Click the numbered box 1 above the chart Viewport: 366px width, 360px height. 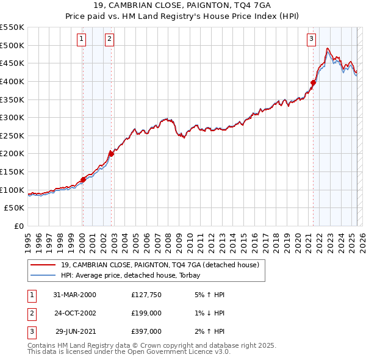click(82, 39)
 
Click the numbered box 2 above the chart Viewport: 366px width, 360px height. click(109, 39)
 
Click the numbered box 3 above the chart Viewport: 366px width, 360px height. click(311, 39)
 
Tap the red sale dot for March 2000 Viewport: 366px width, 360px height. click(83, 179)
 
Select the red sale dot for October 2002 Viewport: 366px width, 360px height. click(111, 153)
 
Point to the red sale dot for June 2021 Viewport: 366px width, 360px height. click(313, 82)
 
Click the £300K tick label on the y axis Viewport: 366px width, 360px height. click(12, 117)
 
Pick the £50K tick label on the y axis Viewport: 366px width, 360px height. click(14, 207)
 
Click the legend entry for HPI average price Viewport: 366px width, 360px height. click(134, 275)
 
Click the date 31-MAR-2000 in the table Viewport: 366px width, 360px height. click(75, 295)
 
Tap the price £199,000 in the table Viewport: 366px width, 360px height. click(146, 313)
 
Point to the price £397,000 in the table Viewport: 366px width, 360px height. click(146, 331)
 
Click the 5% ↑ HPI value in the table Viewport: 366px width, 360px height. click(209, 295)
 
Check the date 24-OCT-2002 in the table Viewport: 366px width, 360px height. click(75, 313)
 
